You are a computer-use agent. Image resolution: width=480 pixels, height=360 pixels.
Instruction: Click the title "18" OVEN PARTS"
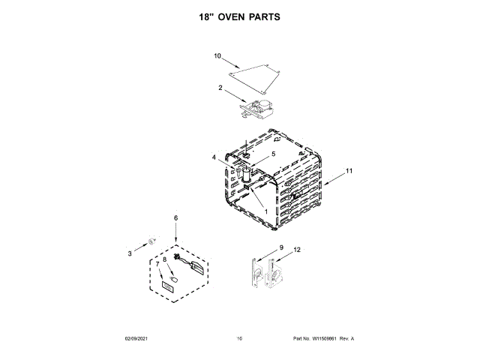[x=239, y=16]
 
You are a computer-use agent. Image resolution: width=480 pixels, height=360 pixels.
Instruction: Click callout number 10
[x=217, y=55]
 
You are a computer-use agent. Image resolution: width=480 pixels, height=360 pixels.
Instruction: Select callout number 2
[x=220, y=88]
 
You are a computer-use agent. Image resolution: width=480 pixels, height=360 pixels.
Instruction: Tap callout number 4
[x=214, y=157]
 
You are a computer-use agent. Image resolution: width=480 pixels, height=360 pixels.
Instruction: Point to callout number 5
[x=273, y=154]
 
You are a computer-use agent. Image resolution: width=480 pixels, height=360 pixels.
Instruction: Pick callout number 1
[x=266, y=211]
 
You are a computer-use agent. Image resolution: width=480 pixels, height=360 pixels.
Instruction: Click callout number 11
[x=349, y=171]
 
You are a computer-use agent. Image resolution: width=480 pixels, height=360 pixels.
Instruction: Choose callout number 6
[x=176, y=218]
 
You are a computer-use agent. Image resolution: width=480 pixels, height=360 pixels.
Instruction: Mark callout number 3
[x=129, y=253]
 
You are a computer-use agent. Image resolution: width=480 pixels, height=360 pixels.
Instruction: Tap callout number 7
[x=157, y=263]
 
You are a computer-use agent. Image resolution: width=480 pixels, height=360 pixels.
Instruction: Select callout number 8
[x=164, y=259]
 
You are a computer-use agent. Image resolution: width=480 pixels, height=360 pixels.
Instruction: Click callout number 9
[x=281, y=247]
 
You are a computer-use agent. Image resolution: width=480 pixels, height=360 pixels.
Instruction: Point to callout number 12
[x=297, y=249]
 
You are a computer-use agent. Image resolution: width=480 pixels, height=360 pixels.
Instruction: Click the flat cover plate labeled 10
[x=255, y=73]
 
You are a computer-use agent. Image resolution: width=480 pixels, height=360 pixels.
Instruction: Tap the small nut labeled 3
[x=151, y=241]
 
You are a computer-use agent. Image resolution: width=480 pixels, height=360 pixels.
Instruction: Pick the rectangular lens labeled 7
[x=166, y=287]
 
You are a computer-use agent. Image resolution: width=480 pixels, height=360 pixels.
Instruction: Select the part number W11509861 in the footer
[x=327, y=339]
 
